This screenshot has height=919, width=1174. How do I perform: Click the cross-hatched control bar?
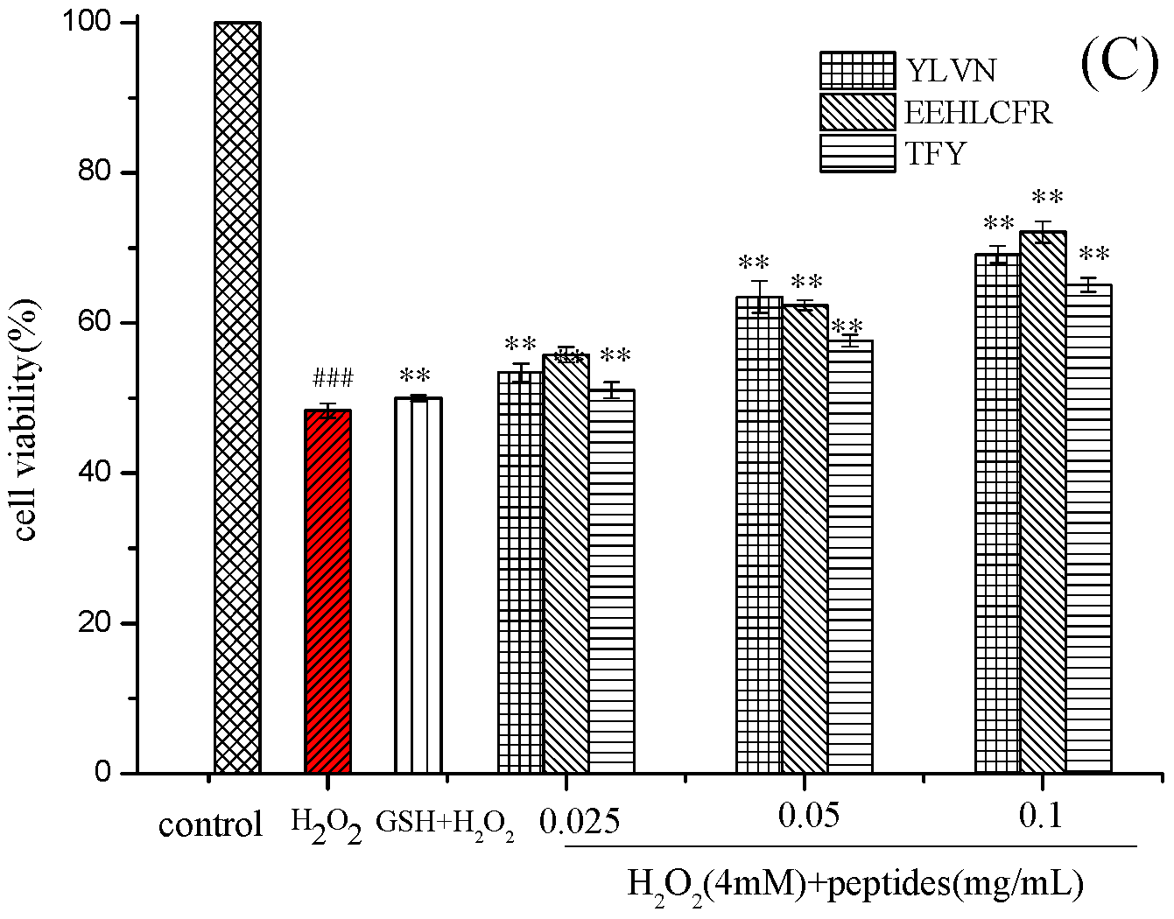click(x=237, y=398)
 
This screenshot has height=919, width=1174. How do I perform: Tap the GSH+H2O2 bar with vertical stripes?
click(x=418, y=586)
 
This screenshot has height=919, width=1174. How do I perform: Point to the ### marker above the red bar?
click(x=333, y=379)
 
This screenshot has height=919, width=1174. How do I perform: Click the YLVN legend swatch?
click(x=857, y=70)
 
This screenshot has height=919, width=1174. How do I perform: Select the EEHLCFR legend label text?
click(x=978, y=113)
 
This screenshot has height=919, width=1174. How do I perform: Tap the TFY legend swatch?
click(x=857, y=153)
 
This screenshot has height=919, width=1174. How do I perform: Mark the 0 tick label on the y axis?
click(x=105, y=773)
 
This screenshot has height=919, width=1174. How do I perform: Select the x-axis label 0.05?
click(x=808, y=816)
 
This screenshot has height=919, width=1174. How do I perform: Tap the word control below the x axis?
click(x=210, y=824)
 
